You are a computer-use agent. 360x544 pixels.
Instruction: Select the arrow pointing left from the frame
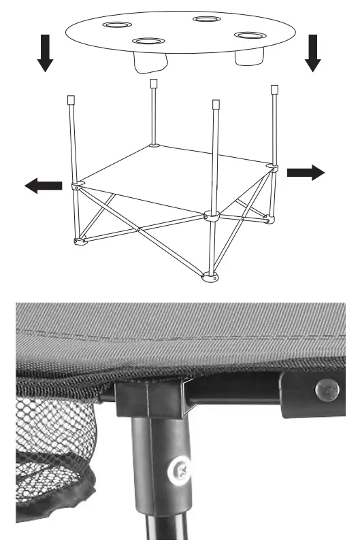(x=43, y=186)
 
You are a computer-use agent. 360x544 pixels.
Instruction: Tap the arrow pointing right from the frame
(x=306, y=173)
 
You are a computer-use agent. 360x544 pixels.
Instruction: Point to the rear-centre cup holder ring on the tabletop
(x=204, y=19)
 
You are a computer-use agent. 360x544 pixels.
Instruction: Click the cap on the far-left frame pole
(x=70, y=99)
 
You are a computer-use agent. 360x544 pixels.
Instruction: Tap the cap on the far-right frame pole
(x=275, y=89)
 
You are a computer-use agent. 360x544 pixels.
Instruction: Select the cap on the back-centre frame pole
(x=153, y=83)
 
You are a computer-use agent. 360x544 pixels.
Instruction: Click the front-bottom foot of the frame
(x=211, y=277)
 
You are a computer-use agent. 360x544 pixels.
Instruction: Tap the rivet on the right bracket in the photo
(x=326, y=390)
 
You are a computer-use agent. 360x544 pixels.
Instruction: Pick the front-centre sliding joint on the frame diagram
(x=211, y=218)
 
